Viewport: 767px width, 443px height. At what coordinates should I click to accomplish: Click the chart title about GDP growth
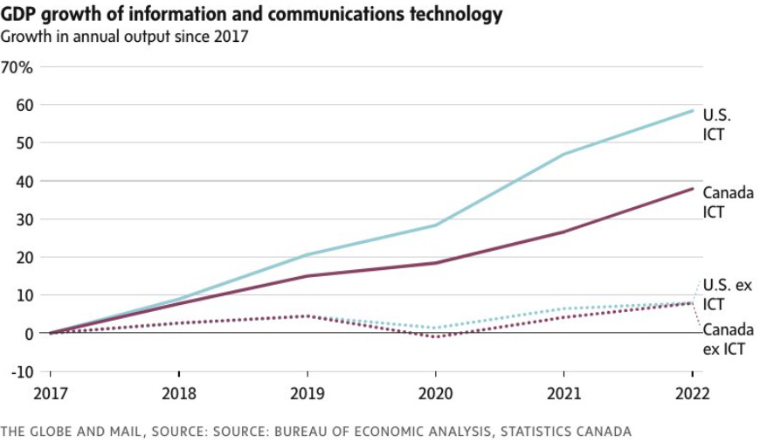tap(252, 14)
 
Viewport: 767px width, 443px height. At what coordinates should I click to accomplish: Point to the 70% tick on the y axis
tap(18, 67)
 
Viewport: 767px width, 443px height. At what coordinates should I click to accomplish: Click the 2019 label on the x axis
tap(307, 393)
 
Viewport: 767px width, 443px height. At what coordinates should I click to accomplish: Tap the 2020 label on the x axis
tap(436, 393)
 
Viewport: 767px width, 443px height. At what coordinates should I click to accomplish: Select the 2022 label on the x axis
tap(693, 393)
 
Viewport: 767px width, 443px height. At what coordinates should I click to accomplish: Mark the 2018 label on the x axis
tap(179, 393)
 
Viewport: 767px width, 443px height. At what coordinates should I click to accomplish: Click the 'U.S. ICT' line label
tap(716, 125)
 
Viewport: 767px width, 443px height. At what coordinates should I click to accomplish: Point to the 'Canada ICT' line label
tap(728, 202)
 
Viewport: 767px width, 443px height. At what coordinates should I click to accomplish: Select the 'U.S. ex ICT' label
tap(727, 294)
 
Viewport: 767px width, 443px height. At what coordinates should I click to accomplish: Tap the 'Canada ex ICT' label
tap(728, 340)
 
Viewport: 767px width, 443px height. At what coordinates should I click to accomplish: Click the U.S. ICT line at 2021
tap(564, 155)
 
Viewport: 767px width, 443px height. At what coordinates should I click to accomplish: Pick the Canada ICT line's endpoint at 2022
tap(693, 189)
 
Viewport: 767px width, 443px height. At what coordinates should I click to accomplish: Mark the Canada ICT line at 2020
tap(436, 263)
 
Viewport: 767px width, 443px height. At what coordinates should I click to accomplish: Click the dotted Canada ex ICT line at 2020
tap(436, 336)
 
